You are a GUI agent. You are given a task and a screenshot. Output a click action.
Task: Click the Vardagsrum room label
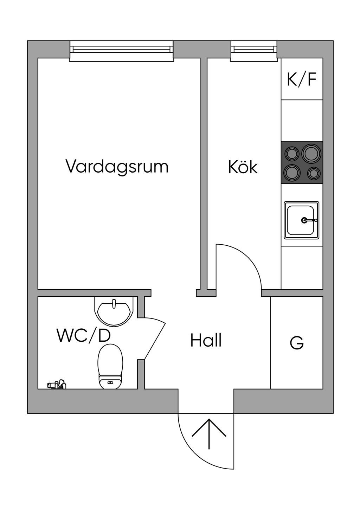(117, 166)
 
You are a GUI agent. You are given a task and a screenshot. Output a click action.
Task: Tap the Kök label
(243, 167)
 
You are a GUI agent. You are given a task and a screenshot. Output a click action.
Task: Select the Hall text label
(206, 340)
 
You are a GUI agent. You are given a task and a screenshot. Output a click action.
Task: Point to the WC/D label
(84, 335)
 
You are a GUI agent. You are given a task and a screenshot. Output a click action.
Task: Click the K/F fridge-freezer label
(302, 79)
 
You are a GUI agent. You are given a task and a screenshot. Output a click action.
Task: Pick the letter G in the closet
(297, 343)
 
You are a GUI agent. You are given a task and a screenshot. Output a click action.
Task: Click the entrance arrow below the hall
(209, 433)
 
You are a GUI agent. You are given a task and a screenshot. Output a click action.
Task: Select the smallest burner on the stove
(314, 173)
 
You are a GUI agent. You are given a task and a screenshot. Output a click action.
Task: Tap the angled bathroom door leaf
(155, 339)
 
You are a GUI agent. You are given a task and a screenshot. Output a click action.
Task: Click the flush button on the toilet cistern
(110, 382)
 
